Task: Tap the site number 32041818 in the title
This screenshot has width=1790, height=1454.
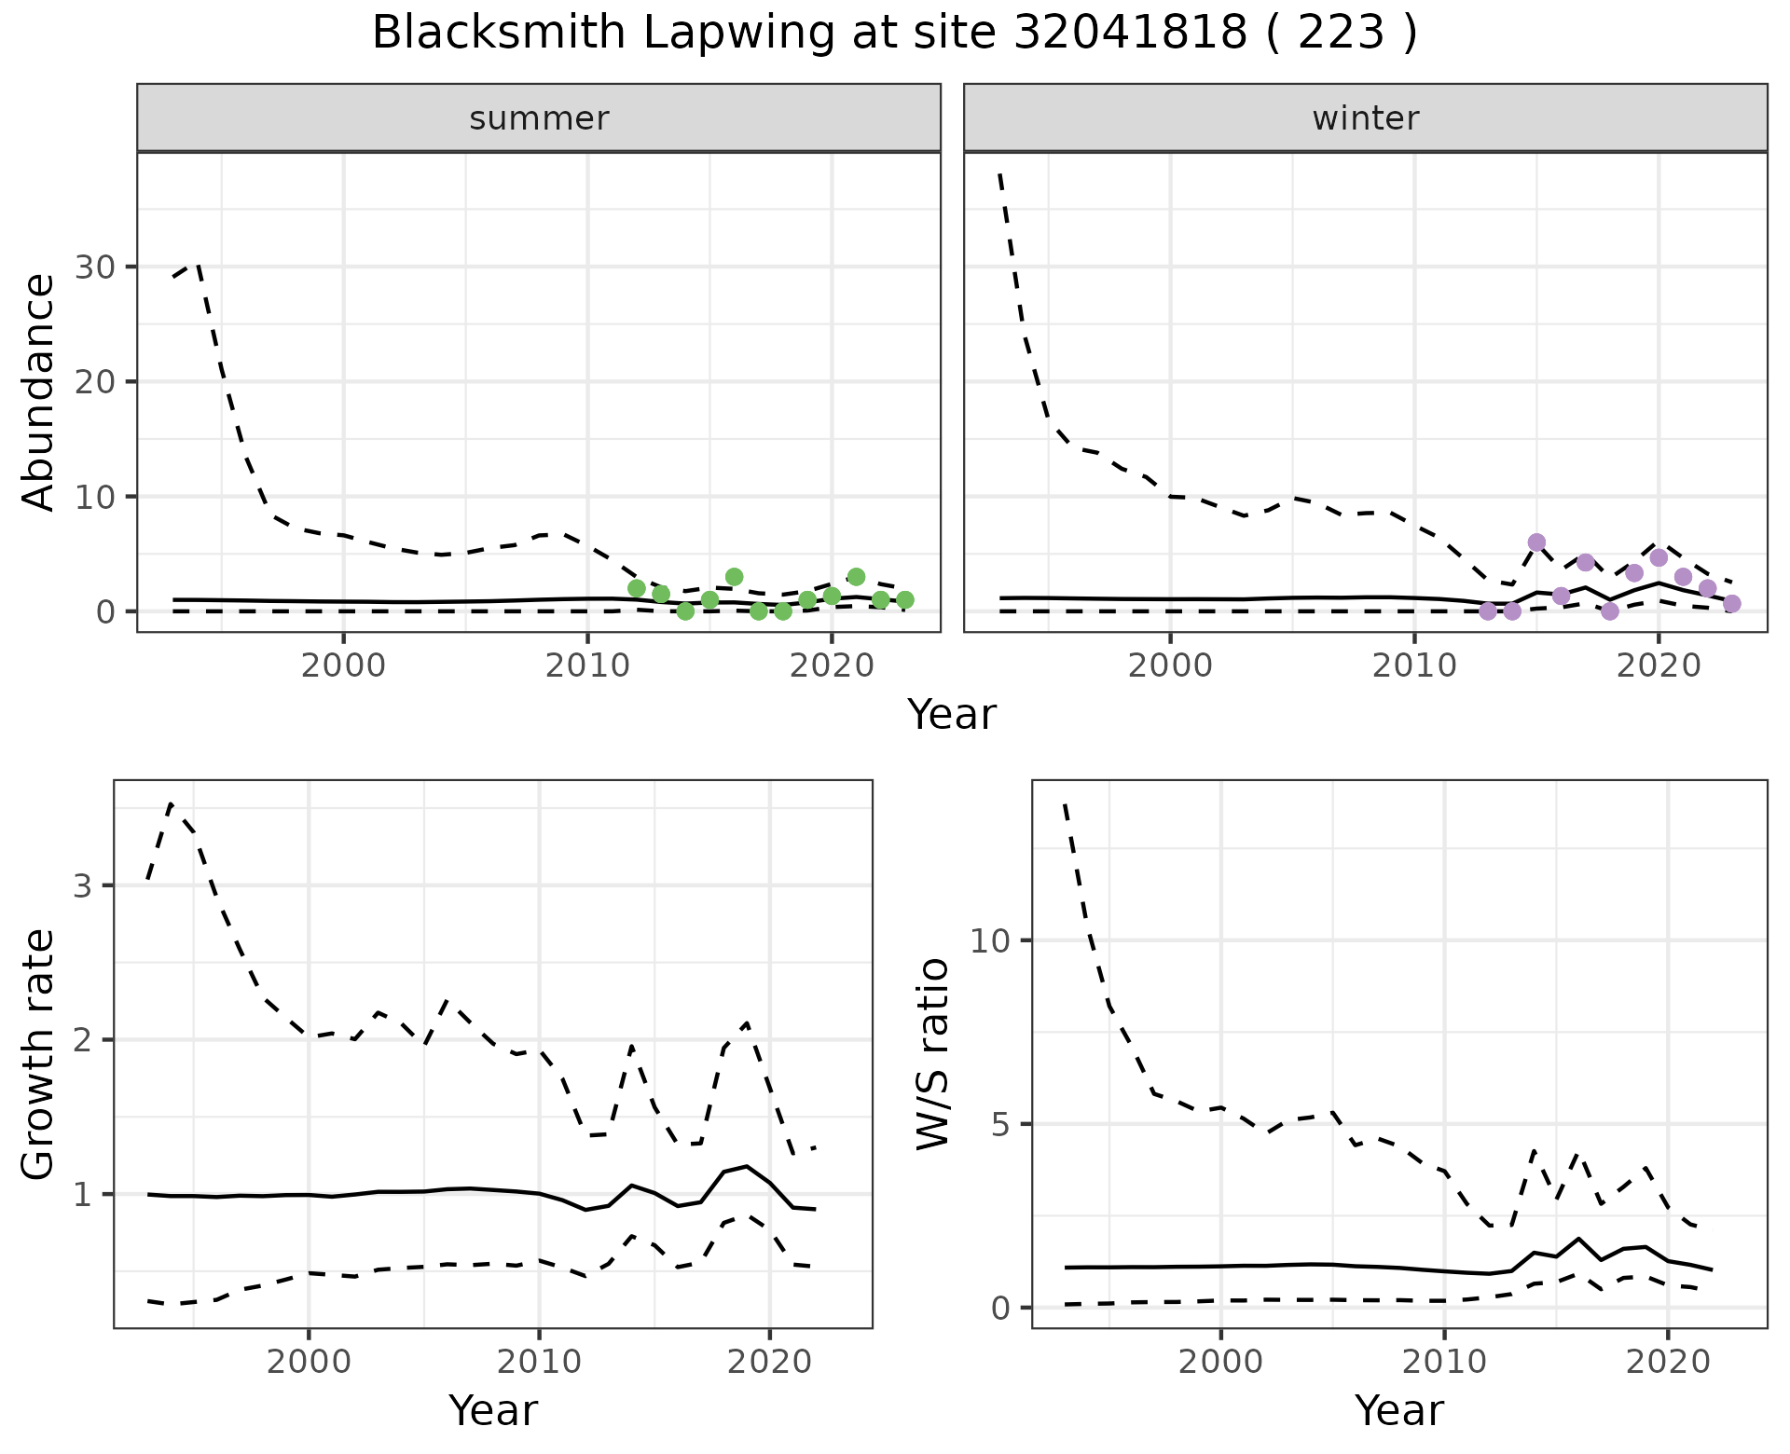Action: point(1130,34)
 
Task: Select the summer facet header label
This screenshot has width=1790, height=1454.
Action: point(539,118)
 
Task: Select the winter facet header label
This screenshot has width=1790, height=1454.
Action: point(1365,118)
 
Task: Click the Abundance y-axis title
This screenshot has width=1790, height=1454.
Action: point(39,391)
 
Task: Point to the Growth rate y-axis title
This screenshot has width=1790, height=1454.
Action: point(39,1054)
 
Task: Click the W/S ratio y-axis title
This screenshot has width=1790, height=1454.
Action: point(932,1054)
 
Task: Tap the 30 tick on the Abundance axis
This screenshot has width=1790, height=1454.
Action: point(97,267)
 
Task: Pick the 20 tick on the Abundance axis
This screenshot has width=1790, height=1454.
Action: point(97,382)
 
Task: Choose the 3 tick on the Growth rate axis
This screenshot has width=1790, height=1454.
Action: point(83,885)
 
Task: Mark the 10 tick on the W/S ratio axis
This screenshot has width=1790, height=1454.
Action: point(989,940)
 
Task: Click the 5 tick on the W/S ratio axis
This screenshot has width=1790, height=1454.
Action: point(999,1124)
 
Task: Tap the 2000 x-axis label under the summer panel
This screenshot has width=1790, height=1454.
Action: point(343,666)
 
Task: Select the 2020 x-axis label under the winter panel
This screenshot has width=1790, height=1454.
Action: point(1659,666)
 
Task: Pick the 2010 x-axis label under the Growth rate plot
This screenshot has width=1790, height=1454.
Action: point(539,1362)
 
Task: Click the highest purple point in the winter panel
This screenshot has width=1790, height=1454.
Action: point(1536,542)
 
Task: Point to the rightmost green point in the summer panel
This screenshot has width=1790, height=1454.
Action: point(904,599)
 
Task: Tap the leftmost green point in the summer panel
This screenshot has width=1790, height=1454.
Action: point(637,588)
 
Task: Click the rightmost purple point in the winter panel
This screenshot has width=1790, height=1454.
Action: point(1731,604)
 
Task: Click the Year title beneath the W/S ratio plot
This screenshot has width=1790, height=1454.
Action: point(1398,1410)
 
